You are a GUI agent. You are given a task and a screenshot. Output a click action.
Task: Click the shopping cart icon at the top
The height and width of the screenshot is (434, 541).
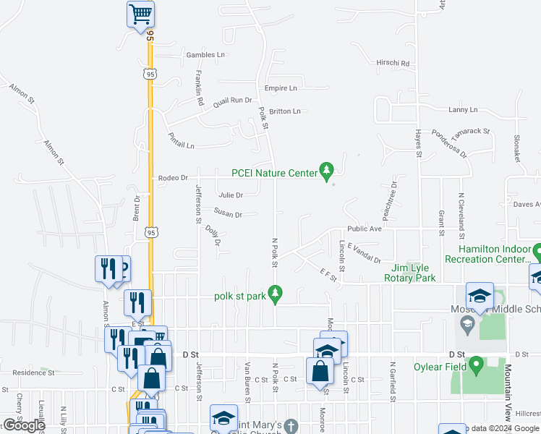click(x=140, y=13)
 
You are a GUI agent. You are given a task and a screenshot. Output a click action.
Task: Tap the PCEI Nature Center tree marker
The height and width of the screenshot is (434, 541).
click(x=327, y=171)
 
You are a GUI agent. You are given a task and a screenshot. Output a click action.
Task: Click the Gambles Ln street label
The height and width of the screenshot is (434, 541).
click(x=205, y=55)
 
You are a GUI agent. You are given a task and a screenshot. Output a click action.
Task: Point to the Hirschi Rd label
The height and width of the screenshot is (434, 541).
click(x=393, y=64)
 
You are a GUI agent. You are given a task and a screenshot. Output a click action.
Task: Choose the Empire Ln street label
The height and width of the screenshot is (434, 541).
click(x=281, y=88)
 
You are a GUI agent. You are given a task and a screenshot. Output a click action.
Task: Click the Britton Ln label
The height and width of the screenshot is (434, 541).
click(x=284, y=111)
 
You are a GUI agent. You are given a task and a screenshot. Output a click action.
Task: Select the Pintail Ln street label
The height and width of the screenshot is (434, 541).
click(x=181, y=140)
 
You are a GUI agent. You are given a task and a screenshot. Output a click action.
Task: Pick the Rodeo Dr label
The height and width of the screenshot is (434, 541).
click(x=173, y=177)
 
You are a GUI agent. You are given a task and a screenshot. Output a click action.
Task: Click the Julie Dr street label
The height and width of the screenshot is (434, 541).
click(x=231, y=195)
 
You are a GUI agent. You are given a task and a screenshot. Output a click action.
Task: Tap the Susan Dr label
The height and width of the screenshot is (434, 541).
click(x=227, y=214)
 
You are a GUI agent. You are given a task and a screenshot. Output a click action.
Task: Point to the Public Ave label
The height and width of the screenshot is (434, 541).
click(x=364, y=229)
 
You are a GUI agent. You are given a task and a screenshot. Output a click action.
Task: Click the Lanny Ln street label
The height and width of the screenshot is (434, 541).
click(x=463, y=110)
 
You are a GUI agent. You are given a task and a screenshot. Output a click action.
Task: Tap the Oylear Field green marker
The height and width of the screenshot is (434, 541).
click(x=477, y=367)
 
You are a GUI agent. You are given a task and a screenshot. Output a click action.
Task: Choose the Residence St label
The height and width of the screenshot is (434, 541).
click(x=33, y=373)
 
